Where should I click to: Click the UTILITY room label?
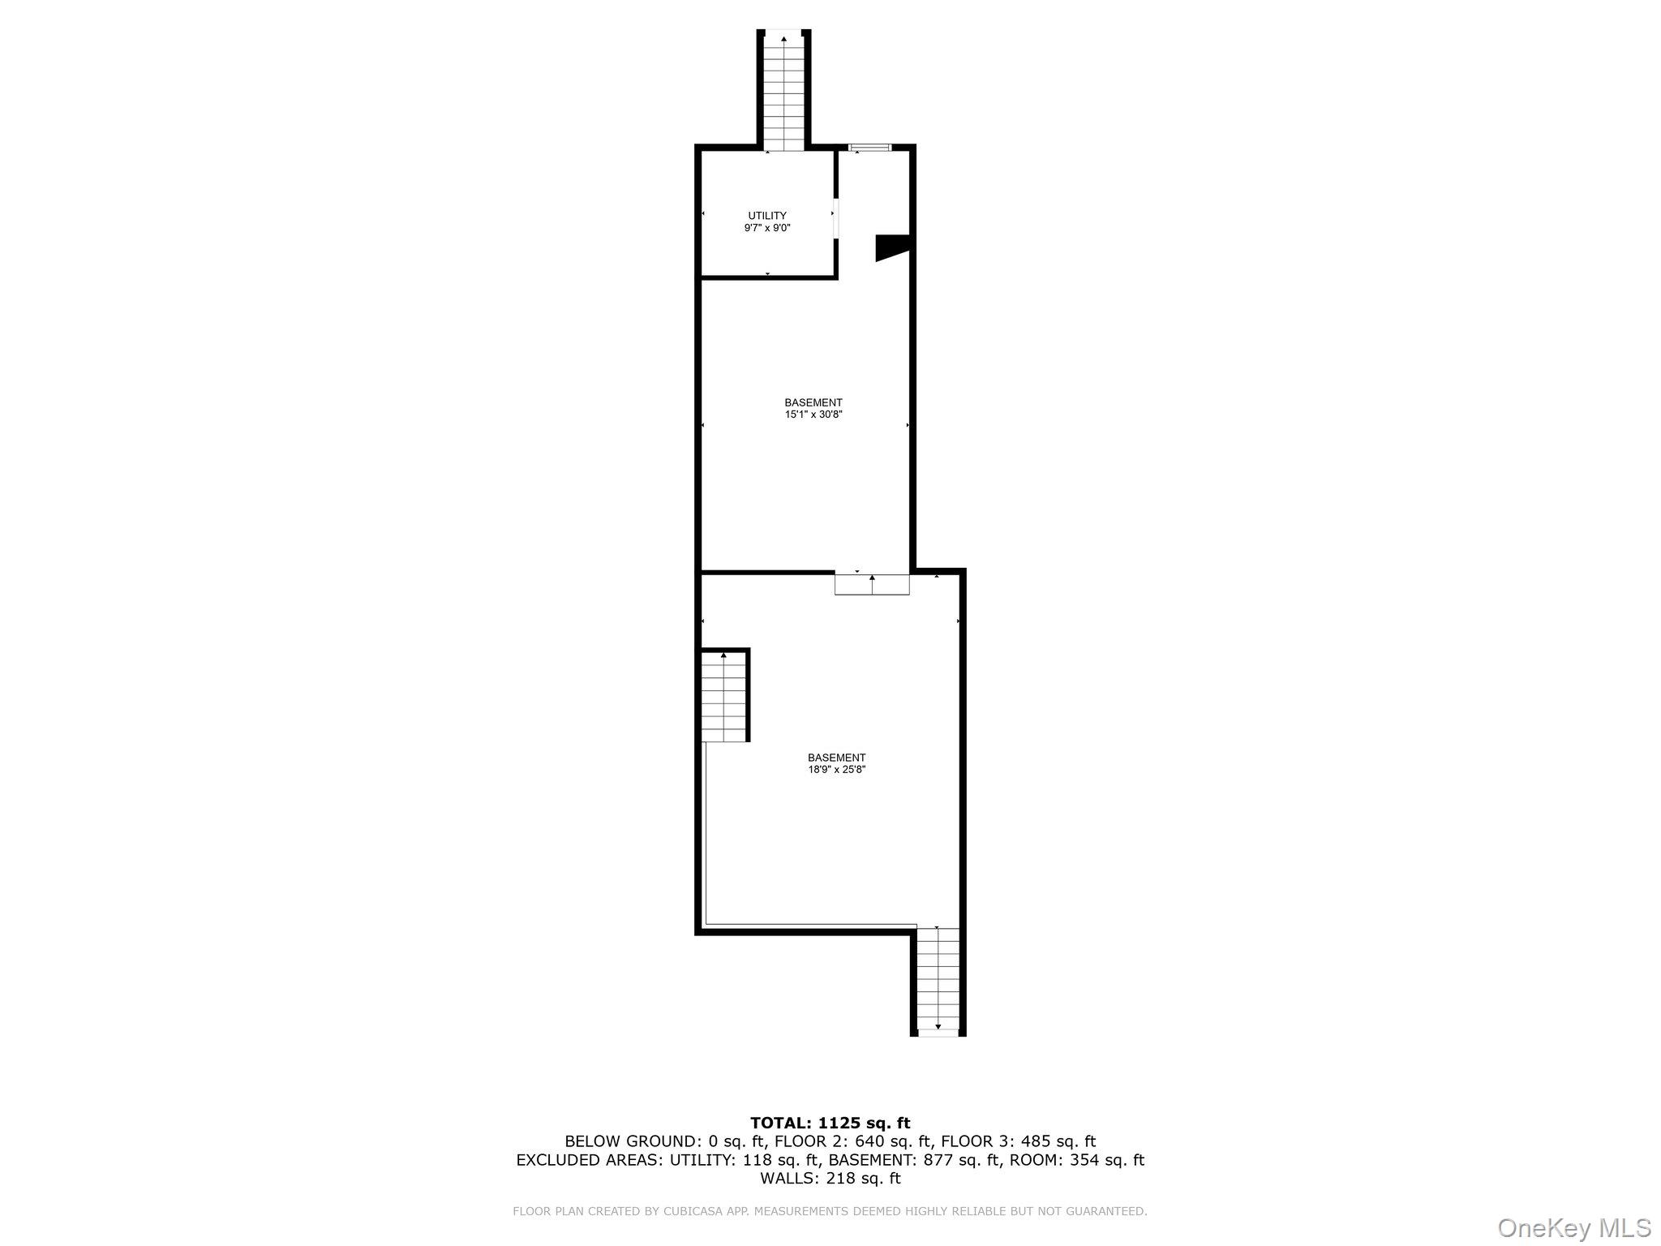(767, 216)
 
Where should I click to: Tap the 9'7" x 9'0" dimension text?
(767, 229)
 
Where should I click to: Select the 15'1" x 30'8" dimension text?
(813, 415)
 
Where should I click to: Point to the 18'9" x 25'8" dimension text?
(837, 770)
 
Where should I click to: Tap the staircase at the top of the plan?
(784, 92)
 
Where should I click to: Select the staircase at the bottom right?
(938, 981)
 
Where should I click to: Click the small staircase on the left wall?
(723, 697)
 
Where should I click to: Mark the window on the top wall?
(870, 148)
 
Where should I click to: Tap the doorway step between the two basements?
(873, 584)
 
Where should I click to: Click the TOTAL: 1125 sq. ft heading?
(830, 1124)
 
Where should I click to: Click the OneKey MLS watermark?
(1574, 1227)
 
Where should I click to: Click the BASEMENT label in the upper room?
(813, 402)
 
